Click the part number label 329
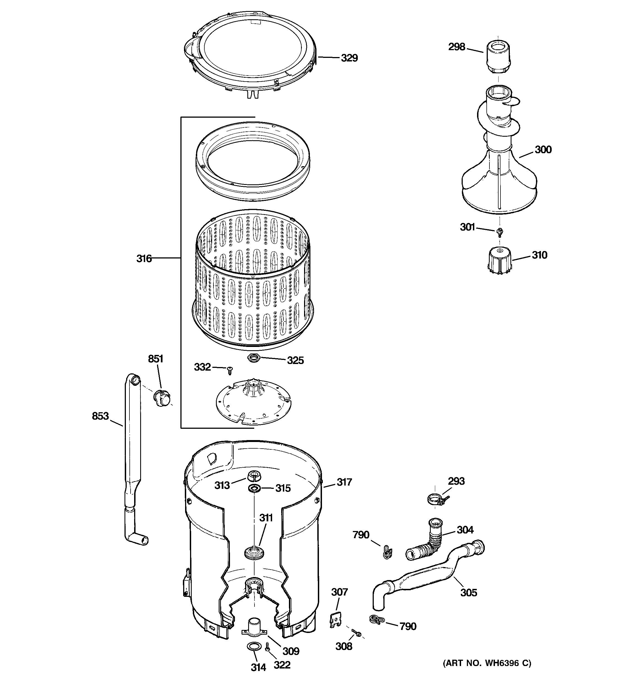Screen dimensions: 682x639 [349, 58]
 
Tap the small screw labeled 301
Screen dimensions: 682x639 [499, 232]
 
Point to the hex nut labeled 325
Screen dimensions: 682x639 [253, 358]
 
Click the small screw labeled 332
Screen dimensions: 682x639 [230, 370]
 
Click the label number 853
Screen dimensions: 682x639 [100, 416]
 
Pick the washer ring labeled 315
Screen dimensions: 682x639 [253, 488]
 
